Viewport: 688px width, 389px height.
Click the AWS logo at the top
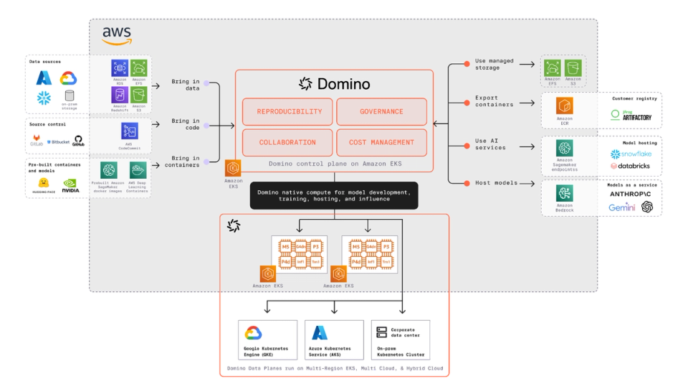[117, 35]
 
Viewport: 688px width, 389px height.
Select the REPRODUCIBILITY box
[287, 112]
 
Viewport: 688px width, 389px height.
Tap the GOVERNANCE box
[381, 112]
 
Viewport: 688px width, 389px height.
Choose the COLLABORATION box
[287, 142]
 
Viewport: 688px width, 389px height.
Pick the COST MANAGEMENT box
[381, 142]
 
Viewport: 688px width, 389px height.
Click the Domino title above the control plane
[335, 84]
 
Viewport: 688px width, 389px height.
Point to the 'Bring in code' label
[186, 124]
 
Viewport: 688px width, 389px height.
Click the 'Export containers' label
[494, 101]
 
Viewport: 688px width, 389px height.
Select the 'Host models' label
[495, 183]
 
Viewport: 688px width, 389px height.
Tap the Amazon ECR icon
[565, 106]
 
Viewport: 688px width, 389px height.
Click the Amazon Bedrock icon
[565, 194]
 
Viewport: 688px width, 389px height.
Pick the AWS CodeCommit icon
[130, 131]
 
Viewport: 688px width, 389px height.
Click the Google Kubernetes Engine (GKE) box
[267, 339]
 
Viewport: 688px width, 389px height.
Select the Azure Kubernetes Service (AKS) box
[333, 339]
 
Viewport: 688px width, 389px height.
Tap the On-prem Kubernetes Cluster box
[402, 339]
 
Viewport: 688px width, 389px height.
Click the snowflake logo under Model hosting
[631, 154]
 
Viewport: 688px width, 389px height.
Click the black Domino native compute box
[334, 195]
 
